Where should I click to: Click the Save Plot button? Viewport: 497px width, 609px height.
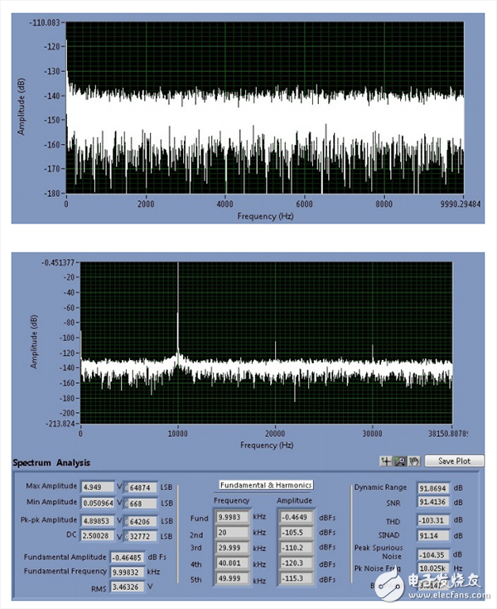[x=457, y=461]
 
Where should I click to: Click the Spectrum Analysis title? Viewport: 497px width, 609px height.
[x=51, y=463]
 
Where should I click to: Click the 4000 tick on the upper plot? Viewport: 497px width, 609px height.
[x=225, y=203]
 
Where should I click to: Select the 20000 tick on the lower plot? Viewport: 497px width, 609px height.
[x=275, y=433]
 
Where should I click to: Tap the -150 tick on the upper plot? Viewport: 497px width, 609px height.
[x=54, y=121]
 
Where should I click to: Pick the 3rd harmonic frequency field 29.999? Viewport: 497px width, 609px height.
[x=234, y=548]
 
